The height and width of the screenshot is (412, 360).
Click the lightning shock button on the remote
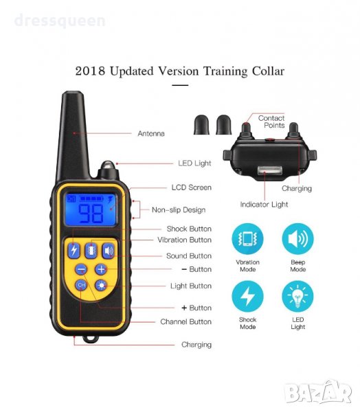[74, 250]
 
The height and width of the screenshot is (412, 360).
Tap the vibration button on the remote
[91, 251]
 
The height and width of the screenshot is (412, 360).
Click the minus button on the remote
[81, 270]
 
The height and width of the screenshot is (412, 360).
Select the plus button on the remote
[101, 270]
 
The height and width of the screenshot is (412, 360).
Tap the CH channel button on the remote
[81, 285]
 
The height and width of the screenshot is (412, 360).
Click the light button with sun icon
[101, 286]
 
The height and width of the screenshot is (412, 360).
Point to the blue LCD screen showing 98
[91, 210]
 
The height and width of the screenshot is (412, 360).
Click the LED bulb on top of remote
[108, 165]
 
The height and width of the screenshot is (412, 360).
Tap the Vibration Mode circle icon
[247, 239]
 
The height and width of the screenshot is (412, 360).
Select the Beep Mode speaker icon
[297, 239]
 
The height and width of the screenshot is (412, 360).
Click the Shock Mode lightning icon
[247, 297]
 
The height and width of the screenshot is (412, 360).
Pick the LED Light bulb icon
[297, 297]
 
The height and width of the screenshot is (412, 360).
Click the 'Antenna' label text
[151, 133]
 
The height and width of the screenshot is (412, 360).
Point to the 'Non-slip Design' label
[179, 210]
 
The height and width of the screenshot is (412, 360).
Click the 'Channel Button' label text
[185, 321]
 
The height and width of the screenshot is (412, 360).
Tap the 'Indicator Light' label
[264, 205]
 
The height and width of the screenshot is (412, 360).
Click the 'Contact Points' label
[271, 122]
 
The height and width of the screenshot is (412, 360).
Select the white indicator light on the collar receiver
[269, 170]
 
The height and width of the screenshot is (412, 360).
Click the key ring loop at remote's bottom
[91, 339]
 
